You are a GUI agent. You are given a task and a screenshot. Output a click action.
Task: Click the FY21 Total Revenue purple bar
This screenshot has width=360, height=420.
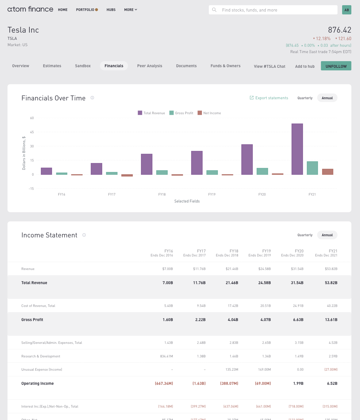pos(297,149)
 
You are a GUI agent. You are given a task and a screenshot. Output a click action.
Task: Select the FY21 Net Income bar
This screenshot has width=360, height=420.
pos(327,172)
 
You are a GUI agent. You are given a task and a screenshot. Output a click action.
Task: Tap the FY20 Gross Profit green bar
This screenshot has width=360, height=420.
pos(262,171)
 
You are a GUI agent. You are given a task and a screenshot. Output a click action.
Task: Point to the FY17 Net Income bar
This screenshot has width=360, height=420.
pos(127,175)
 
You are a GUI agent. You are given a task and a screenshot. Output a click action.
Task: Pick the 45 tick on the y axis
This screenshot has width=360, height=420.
pos(32,132)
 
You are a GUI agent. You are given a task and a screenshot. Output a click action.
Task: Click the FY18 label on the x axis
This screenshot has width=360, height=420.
pos(162,194)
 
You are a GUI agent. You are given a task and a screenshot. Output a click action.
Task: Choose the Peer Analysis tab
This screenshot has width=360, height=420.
pos(150,66)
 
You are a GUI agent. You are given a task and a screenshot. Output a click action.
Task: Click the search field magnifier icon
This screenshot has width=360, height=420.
pos(214,10)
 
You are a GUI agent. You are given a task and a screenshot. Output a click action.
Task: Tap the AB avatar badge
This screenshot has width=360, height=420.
pos(346,10)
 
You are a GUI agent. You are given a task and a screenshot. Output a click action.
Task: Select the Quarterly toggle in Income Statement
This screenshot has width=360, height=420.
pos(305,235)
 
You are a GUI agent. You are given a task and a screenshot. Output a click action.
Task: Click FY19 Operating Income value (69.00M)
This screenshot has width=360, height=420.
pos(263,383)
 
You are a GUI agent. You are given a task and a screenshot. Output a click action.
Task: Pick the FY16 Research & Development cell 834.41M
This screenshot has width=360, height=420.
pos(166,356)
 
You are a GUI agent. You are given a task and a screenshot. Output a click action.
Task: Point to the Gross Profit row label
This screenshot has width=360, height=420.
pos(32,320)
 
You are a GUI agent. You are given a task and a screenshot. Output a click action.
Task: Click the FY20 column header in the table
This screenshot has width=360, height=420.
pos(292,253)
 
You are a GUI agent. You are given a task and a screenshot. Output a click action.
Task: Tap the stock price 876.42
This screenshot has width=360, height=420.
pos(340,30)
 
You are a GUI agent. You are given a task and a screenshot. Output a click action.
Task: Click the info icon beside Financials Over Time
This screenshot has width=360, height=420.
pos(92,98)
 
